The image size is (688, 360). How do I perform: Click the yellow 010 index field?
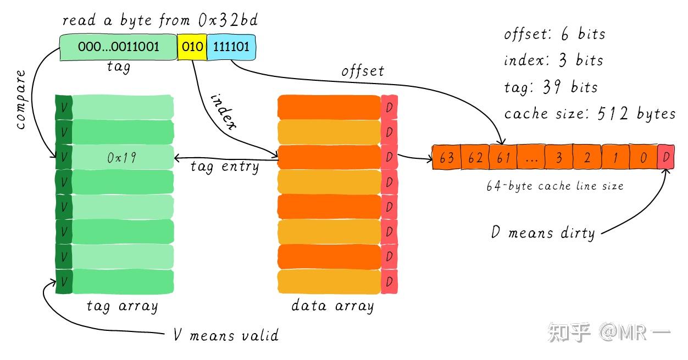click(x=192, y=47)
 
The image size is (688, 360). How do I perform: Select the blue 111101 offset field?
click(x=231, y=47)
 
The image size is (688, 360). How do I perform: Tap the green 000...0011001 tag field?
click(x=118, y=47)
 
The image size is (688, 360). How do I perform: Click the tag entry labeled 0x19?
click(x=122, y=158)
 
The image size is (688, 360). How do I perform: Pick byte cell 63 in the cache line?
click(x=447, y=158)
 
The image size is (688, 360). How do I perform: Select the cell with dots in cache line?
click(x=531, y=158)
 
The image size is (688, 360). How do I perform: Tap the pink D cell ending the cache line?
click(x=665, y=158)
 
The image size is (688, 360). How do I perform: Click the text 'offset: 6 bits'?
click(x=554, y=34)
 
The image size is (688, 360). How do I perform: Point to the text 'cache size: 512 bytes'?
click(x=590, y=114)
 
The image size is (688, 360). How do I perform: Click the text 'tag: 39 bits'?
click(x=551, y=87)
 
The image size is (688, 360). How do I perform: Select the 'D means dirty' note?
click(x=542, y=232)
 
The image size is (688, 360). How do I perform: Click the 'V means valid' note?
click(x=226, y=335)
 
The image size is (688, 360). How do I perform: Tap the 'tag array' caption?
click(x=122, y=306)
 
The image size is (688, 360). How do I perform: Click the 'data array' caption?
click(x=332, y=306)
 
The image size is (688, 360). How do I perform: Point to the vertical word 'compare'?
click(x=21, y=99)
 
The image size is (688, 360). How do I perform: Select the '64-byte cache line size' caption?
click(x=555, y=186)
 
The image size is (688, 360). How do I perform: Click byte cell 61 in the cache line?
click(x=503, y=158)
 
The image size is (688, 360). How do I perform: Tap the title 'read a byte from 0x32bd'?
click(x=160, y=21)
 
